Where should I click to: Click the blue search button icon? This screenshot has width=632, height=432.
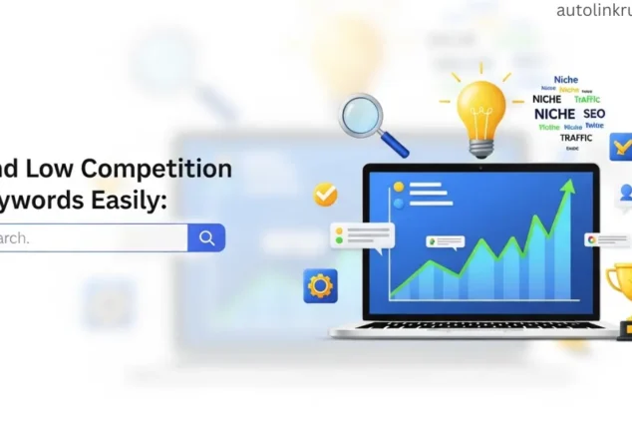click(x=206, y=237)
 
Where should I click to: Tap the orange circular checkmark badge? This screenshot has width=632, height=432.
click(x=325, y=194)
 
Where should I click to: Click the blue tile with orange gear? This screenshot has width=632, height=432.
click(x=320, y=286)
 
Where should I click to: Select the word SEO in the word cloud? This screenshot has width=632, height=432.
click(x=594, y=114)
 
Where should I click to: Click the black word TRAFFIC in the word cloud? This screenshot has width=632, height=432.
click(x=575, y=138)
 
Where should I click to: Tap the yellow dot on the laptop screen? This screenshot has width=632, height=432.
click(x=399, y=187)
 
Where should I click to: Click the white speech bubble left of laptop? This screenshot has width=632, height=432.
click(x=363, y=236)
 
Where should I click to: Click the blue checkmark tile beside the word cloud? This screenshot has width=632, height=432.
click(x=622, y=149)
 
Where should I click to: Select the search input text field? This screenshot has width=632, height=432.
click(x=90, y=237)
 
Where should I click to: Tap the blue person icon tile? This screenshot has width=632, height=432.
click(x=625, y=193)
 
